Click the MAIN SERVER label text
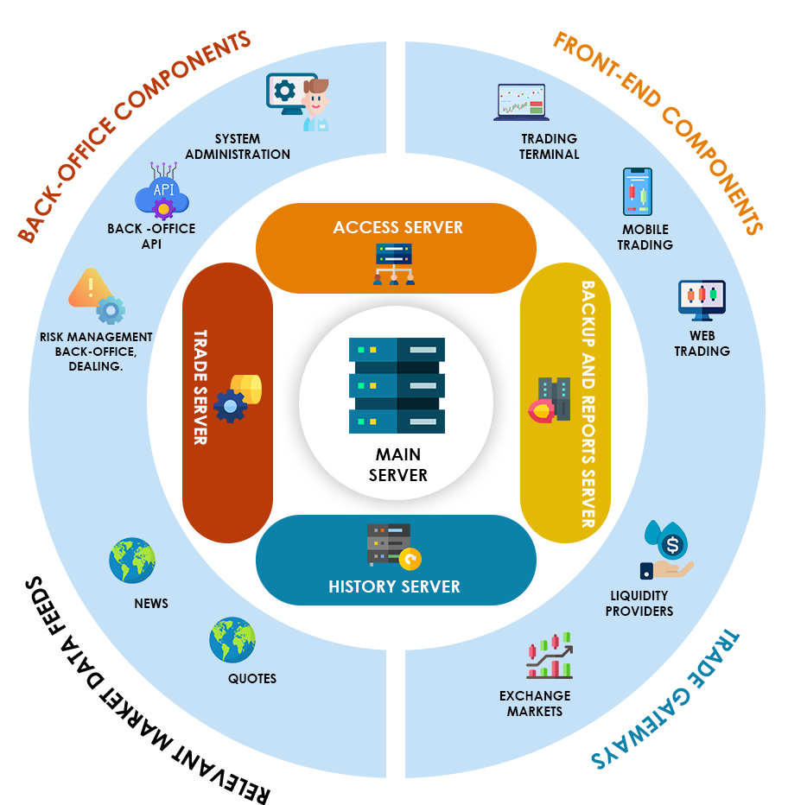pyautogui.click(x=397, y=465)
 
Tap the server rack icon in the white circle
pyautogui.click(x=397, y=385)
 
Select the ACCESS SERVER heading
pyautogui.click(x=398, y=227)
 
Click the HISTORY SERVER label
pyautogui.click(x=394, y=587)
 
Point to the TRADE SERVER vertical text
pyautogui.click(x=200, y=387)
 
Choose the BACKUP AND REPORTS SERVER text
pyautogui.click(x=588, y=403)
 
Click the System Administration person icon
pyautogui.click(x=299, y=100)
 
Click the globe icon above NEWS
pyautogui.click(x=132, y=561)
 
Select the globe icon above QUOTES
pyautogui.click(x=232, y=639)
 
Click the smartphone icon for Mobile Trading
pyautogui.click(x=638, y=192)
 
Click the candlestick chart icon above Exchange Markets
pyautogui.click(x=550, y=656)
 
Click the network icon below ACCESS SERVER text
pyautogui.click(x=394, y=263)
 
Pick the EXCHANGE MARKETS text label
pyautogui.click(x=535, y=703)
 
